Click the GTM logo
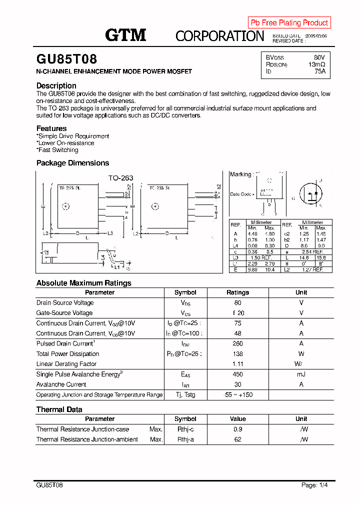pos(125,35)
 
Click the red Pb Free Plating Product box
pos(289,22)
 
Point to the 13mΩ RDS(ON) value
pos(317,64)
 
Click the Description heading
pos(56,85)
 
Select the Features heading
pos(51,128)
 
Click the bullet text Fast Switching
pos(58,150)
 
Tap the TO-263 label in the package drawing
pos(121,177)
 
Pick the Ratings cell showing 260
pos(237,343)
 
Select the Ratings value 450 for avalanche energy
pos(237,374)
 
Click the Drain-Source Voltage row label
pos(65,303)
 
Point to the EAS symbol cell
pos(185,374)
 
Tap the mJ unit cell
pos(301,374)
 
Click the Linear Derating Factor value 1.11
pos(237,364)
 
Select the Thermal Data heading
pos(59,409)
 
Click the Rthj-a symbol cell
pos(185,439)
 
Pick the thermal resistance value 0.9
pos(237,429)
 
